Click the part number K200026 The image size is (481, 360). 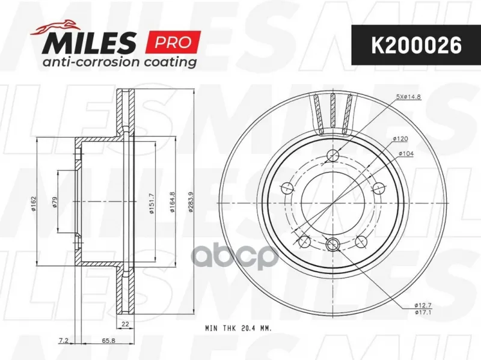[x=416, y=46]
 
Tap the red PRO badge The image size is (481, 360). [x=173, y=42]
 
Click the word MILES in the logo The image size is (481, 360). [x=89, y=42]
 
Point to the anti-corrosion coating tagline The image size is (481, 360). [x=120, y=62]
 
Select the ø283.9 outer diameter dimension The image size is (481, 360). [x=190, y=203]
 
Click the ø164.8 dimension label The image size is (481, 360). [x=173, y=203]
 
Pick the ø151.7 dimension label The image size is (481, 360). [x=151, y=204]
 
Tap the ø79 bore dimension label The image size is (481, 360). [x=55, y=203]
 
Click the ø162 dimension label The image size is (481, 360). [x=34, y=203]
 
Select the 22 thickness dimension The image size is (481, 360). [x=125, y=324]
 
